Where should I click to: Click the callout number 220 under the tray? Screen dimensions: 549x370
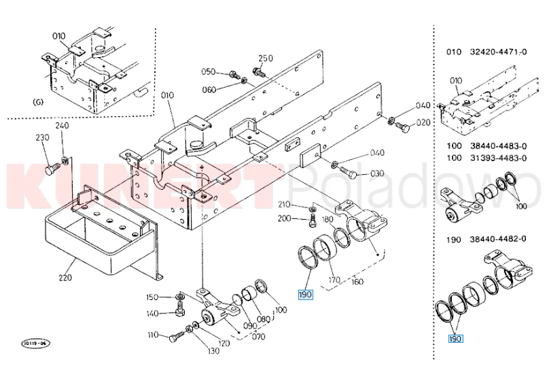click(65, 277)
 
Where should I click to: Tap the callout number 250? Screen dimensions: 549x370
click(266, 58)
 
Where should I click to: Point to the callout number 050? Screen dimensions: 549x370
click(208, 71)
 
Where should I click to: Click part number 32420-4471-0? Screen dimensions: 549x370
click(498, 52)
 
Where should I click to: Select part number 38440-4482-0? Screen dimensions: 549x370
click(498, 239)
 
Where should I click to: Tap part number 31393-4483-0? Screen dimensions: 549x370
click(498, 158)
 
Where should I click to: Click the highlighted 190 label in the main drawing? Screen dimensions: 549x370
click(305, 295)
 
